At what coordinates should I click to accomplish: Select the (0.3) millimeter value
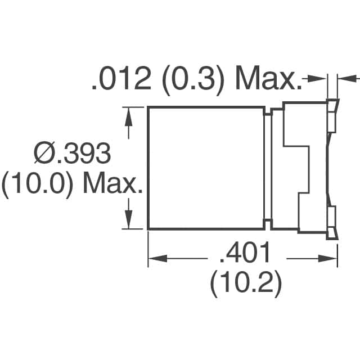193,80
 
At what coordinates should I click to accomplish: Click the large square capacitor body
206,168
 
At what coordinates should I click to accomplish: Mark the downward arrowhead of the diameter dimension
130,220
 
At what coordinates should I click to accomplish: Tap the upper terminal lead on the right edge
332,115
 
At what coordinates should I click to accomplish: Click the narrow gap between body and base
268,168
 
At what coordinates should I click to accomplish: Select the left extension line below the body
148,247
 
